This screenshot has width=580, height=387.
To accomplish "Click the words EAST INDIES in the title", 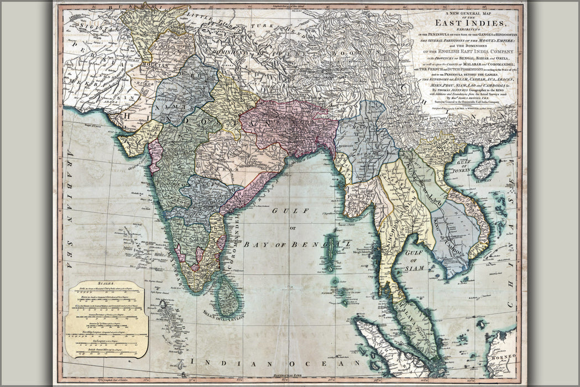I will (470, 23).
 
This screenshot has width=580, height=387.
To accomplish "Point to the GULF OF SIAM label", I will (419, 260).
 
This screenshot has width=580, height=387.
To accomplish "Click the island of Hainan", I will (484, 169).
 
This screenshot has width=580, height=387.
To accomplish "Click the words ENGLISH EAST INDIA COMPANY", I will (470, 51).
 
